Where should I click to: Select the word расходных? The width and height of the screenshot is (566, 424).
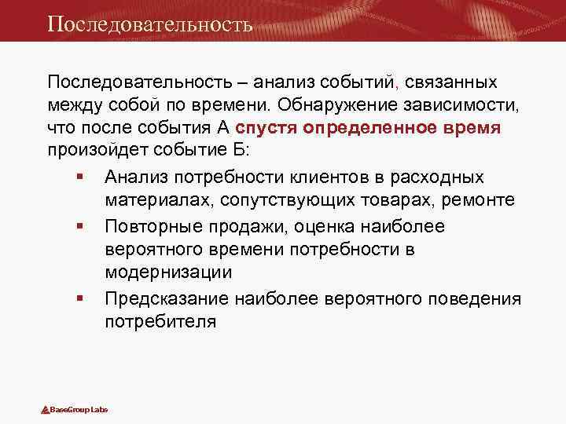445,177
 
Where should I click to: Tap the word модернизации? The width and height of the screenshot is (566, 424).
167,272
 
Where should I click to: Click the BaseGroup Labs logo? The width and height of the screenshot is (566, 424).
74,410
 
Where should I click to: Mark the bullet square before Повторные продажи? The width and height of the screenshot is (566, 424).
81,227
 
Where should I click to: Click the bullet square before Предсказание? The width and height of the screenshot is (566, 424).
81,299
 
